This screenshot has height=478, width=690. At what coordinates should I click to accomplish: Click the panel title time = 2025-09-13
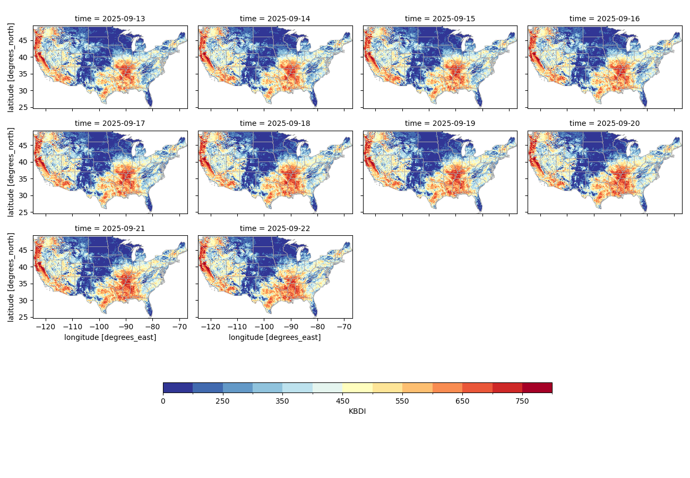click(x=110, y=19)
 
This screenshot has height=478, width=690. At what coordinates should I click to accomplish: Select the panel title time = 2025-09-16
click(x=605, y=19)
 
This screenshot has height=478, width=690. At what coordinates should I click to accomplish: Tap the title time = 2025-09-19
click(x=440, y=123)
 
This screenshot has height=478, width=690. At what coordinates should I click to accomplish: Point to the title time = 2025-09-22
click(x=275, y=228)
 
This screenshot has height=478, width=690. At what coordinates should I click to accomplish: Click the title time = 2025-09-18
click(x=275, y=123)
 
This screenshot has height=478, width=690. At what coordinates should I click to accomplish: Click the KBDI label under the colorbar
click(x=357, y=411)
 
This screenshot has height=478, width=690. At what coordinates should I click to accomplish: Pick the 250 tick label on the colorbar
click(x=222, y=401)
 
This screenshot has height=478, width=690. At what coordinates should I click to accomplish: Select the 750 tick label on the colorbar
click(x=522, y=401)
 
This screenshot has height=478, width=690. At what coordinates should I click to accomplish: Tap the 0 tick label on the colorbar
click(x=163, y=401)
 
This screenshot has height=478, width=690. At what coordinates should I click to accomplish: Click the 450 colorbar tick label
click(x=342, y=401)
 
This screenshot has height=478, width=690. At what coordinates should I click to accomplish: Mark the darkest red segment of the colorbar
click(x=537, y=388)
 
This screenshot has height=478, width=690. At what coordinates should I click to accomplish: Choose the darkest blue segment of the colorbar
click(x=178, y=388)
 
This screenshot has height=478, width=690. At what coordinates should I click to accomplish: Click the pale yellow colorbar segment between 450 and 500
click(x=357, y=388)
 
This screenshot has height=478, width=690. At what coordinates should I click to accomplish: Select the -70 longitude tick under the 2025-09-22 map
click(x=345, y=327)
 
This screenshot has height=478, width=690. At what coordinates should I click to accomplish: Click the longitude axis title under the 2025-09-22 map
click(x=275, y=337)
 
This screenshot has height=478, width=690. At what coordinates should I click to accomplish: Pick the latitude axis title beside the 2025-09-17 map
click(x=11, y=172)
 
